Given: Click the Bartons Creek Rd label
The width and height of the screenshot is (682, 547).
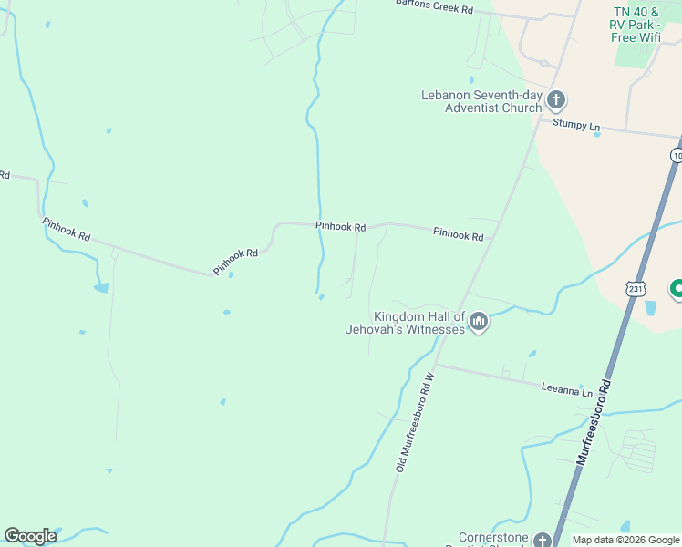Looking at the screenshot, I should tap(434, 6).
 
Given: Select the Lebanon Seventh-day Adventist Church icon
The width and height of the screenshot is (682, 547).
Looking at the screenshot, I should tap(556, 100).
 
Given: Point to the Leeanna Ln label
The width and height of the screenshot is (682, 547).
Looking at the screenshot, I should tap(566, 389).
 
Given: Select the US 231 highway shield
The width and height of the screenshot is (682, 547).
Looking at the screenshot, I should tap(635, 288).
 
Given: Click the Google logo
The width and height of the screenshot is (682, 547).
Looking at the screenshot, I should tap(30, 536).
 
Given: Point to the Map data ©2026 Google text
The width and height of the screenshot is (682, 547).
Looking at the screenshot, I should tap(625, 540).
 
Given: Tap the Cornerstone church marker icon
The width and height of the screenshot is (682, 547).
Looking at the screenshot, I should tap(542, 541).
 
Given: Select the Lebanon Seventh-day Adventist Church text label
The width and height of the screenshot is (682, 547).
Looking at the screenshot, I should tap(480, 101).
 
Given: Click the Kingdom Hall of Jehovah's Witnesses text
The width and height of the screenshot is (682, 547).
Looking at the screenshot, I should tap(407, 322).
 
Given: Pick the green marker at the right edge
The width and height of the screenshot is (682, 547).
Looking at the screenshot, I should tap(677, 289).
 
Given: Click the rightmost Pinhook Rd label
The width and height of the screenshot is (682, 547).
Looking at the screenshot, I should tap(458, 234).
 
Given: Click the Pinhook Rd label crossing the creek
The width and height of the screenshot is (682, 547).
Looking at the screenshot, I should tap(340, 226).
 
